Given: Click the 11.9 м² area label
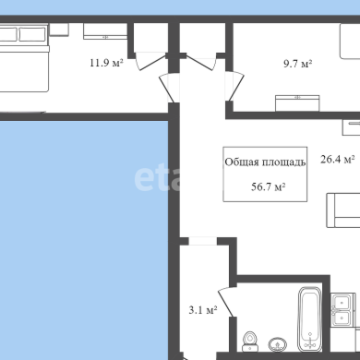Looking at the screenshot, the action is click(x=106, y=63).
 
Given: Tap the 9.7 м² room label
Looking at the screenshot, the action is click(x=298, y=64).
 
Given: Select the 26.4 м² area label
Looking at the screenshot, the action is click(x=338, y=160).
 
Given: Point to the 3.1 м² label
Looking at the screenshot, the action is click(x=203, y=310).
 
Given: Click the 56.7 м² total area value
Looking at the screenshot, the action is click(x=269, y=186).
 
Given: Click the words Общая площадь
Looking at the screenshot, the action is click(x=265, y=162).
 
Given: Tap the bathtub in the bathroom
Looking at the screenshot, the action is click(x=309, y=319).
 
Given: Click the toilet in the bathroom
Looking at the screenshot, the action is click(x=250, y=342).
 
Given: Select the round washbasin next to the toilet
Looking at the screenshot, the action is click(x=278, y=344).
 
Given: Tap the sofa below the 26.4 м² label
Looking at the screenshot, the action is click(x=343, y=210).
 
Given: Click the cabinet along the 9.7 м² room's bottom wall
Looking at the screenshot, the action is click(x=297, y=103).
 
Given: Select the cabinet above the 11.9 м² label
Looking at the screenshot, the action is click(x=105, y=31).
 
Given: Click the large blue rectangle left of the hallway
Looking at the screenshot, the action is click(x=84, y=240).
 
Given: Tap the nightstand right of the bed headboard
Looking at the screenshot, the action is click(x=59, y=30).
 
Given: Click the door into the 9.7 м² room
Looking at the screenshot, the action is click(x=234, y=86).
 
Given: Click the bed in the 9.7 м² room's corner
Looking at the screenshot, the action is click(x=350, y=42).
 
